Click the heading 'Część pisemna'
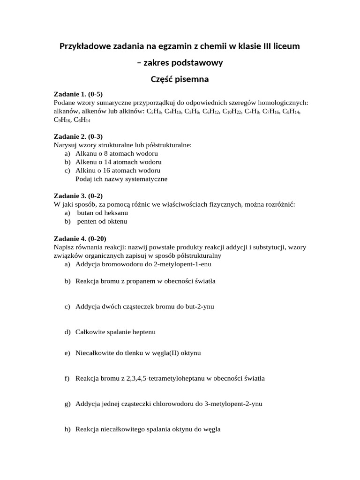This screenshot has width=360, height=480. pos(180,79)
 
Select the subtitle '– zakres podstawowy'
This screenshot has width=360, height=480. pos(180,63)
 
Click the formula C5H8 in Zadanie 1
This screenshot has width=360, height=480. pos(154,112)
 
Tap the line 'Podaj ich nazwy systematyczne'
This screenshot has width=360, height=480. pos(121,179)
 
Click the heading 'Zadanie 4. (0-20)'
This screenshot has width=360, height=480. pos(80,238)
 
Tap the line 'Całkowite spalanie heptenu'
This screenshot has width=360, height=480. pos(115,332)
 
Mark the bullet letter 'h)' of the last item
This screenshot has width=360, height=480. pos(67,429)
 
